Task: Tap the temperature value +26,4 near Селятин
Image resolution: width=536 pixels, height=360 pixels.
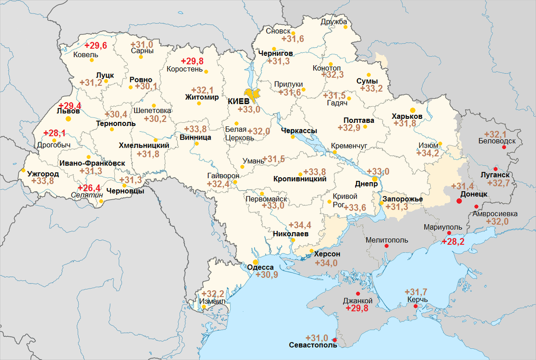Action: coord(90,188)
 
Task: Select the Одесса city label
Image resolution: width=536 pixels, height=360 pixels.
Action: coord(261,267)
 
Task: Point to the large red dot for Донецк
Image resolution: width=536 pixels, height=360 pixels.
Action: coord(459,201)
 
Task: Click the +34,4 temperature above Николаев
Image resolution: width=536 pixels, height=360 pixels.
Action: coord(300,225)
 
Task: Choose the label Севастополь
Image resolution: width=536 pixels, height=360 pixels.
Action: coord(313,345)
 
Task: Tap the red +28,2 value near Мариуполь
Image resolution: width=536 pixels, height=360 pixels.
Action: coord(453,242)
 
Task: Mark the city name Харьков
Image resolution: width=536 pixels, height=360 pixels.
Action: coord(407,116)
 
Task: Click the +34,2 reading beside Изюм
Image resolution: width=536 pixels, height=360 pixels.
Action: coord(428,153)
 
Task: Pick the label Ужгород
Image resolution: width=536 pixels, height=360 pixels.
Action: coord(43,174)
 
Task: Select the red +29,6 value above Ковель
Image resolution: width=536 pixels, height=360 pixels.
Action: coord(96,45)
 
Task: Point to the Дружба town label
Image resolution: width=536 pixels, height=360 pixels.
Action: coord(334,22)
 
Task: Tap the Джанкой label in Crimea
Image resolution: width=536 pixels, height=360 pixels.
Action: coord(358,301)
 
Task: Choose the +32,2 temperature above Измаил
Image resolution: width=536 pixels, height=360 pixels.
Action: coord(213,293)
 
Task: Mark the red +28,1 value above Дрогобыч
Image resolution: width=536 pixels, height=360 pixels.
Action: coord(54,133)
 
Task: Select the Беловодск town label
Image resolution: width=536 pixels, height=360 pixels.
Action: coord(497,141)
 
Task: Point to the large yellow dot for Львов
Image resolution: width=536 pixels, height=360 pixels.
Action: coord(68,119)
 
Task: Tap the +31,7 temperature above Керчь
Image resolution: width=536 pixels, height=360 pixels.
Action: coord(416,292)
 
